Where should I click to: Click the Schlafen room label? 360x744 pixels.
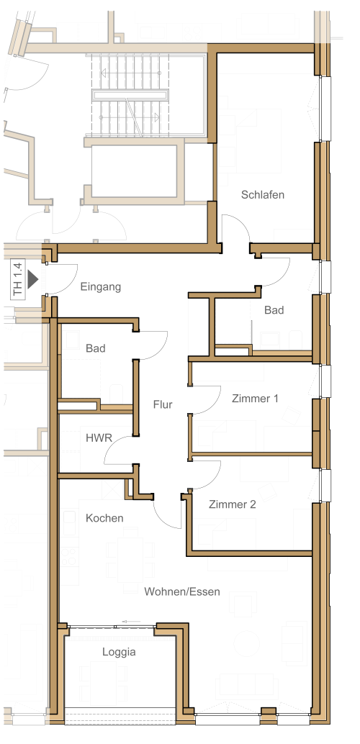(263, 194)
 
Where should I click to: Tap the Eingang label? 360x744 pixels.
(100, 287)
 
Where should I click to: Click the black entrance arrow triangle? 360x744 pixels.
(32, 279)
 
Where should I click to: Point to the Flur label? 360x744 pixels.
(163, 405)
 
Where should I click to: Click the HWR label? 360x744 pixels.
(99, 438)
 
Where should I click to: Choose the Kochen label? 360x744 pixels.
(104, 518)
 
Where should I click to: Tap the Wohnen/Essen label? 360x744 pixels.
(182, 591)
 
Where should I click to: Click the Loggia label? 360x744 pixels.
(119, 653)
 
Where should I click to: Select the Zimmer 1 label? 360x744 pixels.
(255, 399)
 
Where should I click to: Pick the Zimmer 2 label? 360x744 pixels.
(233, 504)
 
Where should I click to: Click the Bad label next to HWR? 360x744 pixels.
(96, 349)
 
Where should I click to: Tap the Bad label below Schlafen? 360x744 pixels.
(274, 310)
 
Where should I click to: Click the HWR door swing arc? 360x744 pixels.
(113, 445)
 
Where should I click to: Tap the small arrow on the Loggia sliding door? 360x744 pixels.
(131, 621)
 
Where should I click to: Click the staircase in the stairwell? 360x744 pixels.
(129, 95)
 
